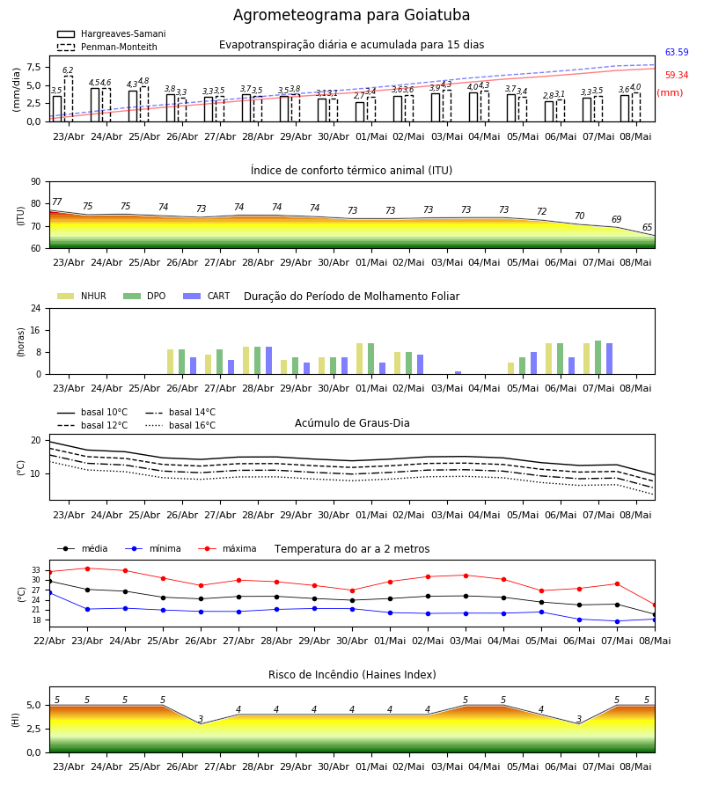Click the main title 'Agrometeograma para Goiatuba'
(351, 15)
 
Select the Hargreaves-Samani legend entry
(111, 33)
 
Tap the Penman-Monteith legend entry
(107, 47)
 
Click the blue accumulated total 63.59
(677, 52)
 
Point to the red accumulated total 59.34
(677, 76)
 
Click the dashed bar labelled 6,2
(68, 99)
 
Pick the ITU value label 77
(57, 202)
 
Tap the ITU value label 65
(647, 227)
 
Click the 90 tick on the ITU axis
(36, 182)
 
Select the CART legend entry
(207, 296)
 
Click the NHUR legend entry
(82, 296)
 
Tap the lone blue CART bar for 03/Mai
(458, 373)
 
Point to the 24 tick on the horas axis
(36, 308)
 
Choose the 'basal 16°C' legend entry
(180, 425)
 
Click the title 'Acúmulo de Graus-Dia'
(352, 423)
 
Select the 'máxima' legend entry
(227, 548)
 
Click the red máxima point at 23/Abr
(87, 568)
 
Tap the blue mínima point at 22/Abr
(49, 592)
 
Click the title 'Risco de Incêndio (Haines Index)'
(352, 675)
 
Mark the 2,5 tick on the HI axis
(34, 729)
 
